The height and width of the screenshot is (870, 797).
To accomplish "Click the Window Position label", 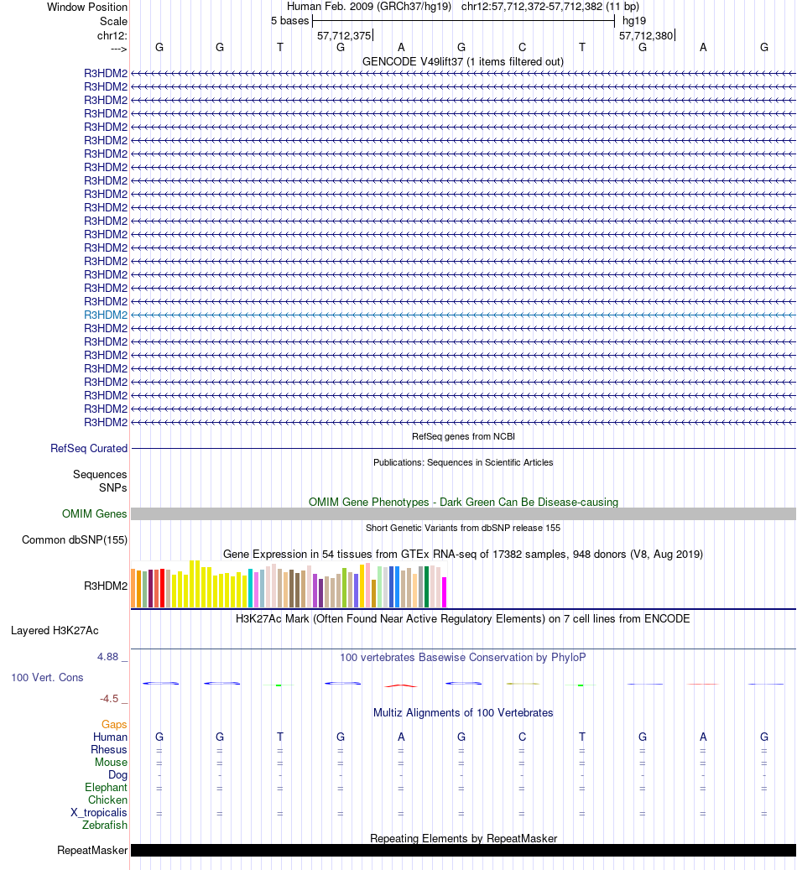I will (87, 7).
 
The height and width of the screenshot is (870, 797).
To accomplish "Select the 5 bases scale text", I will (289, 20).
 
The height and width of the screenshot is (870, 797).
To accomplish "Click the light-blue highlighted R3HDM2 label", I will (106, 315).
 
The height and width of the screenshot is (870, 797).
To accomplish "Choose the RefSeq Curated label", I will (89, 449).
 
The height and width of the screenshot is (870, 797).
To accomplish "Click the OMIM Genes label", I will (95, 513).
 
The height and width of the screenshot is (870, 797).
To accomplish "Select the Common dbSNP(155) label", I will (75, 539).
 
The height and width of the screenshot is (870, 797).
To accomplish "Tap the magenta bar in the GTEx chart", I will (445, 591).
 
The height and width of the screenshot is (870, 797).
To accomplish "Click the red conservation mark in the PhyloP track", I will (401, 685).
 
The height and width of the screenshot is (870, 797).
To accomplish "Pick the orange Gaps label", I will (114, 724).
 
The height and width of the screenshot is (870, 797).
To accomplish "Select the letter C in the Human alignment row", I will (522, 737).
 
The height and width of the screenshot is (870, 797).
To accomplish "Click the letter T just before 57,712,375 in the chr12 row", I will (280, 47).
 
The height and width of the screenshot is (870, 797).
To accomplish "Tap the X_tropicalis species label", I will (99, 813).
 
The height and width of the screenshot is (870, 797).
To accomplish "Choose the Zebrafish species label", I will (105, 826).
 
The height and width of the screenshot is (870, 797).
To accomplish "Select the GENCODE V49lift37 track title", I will (463, 61).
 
